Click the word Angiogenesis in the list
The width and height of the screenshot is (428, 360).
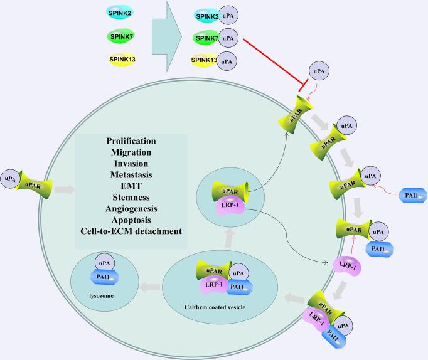131,208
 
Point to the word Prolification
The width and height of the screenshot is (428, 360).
131,140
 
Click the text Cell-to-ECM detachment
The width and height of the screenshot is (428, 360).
131,230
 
